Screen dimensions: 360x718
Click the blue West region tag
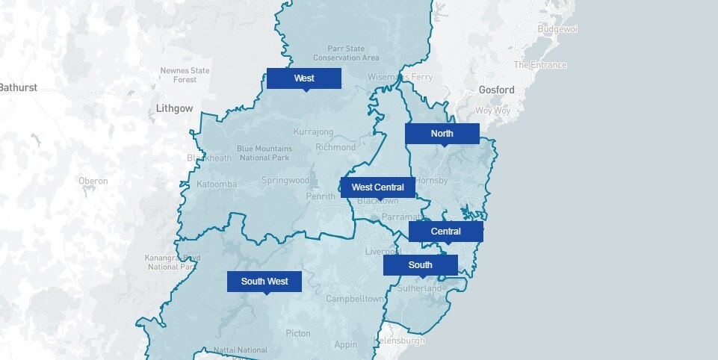[304, 78]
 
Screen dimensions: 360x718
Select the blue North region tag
[442, 134]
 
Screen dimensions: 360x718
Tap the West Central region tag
[378, 187]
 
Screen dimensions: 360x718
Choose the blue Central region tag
[445, 232]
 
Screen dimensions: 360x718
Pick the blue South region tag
[420, 265]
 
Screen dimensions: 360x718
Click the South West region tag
[264, 282]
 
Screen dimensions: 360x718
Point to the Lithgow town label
[175, 108]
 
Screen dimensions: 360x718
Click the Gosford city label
[497, 90]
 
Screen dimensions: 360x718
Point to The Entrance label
[540, 65]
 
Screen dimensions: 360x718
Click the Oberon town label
[93, 181]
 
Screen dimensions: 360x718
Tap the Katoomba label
[217, 184]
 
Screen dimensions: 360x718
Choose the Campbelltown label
[355, 299]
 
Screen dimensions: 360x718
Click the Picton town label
[298, 333]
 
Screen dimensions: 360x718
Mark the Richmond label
[335, 147]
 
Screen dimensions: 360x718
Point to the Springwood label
[285, 181]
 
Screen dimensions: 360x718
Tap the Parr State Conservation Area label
[346, 53]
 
